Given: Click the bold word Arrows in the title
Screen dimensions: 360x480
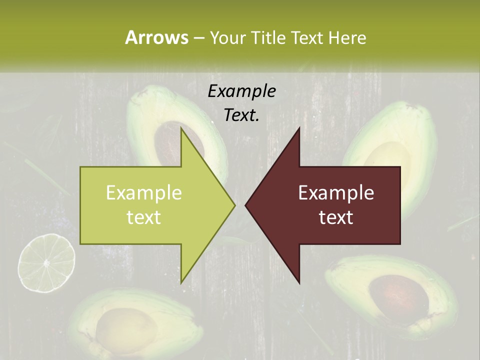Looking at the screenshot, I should (x=157, y=37).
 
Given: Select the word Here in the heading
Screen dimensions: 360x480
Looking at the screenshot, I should (x=348, y=38).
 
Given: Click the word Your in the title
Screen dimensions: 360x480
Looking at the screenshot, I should (x=228, y=38).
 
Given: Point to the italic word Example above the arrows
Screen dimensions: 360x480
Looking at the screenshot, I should (x=242, y=91).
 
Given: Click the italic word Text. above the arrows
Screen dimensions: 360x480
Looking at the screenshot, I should (x=242, y=115).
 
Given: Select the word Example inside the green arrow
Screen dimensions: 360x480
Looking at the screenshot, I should (x=144, y=192).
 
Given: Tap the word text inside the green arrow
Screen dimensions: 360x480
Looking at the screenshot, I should (x=144, y=217).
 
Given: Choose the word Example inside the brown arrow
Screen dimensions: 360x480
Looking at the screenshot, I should (x=336, y=192).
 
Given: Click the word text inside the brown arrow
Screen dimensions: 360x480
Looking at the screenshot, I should (x=336, y=217).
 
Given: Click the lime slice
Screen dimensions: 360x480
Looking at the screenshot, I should (x=46, y=263).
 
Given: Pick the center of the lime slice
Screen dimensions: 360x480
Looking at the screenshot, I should (x=46, y=263).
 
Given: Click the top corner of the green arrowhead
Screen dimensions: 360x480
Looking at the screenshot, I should (x=181, y=129).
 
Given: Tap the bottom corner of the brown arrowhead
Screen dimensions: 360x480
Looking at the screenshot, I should (x=299, y=282).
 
